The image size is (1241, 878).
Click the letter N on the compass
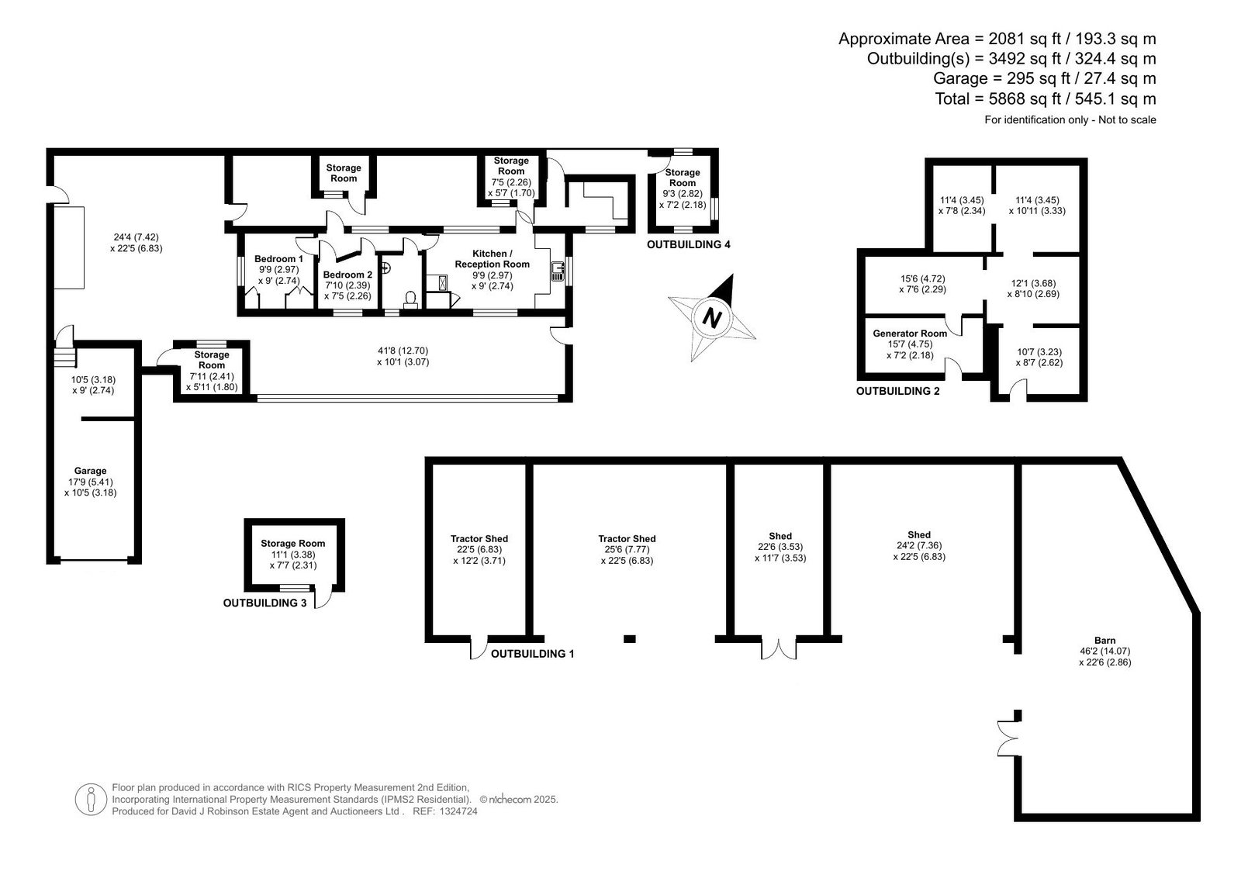pyautogui.click(x=712, y=319)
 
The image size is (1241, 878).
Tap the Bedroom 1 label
pyautogui.click(x=278, y=259)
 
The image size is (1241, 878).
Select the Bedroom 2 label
pyautogui.click(x=347, y=275)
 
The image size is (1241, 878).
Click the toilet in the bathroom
pyautogui.click(x=410, y=299)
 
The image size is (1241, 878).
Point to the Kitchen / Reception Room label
pyautogui.click(x=492, y=259)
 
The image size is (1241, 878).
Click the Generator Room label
pyautogui.click(x=910, y=334)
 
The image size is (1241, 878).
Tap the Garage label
pyautogui.click(x=90, y=471)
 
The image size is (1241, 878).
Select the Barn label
pyautogui.click(x=1104, y=641)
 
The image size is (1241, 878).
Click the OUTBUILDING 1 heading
pyautogui.click(x=532, y=654)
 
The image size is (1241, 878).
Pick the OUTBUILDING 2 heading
pyautogui.click(x=898, y=391)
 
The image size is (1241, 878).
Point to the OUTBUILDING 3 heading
pyautogui.click(x=264, y=603)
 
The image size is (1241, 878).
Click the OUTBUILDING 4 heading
pyautogui.click(x=689, y=244)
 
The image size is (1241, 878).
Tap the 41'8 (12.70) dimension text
pyautogui.click(x=403, y=351)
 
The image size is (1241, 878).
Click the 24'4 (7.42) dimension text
pyautogui.click(x=137, y=237)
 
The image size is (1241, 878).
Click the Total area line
pyautogui.click(x=1046, y=99)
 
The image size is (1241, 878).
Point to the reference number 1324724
pyautogui.click(x=458, y=811)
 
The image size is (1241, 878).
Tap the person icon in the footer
pyautogui.click(x=91, y=800)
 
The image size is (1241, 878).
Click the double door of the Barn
pyautogui.click(x=1008, y=738)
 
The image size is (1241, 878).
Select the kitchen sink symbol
pyautogui.click(x=557, y=271)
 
